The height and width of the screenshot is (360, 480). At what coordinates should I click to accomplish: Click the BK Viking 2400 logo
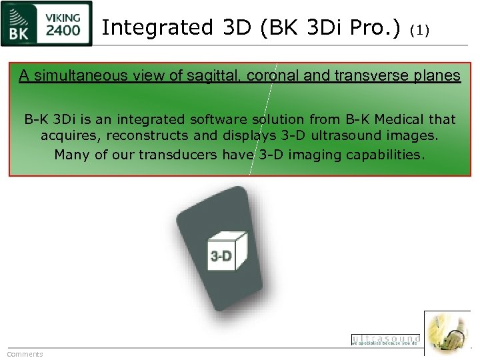click(x=47, y=24)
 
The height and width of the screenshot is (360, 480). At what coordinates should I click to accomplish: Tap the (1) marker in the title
click(x=420, y=29)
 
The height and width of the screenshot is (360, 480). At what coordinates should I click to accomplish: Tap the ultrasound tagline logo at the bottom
click(x=385, y=340)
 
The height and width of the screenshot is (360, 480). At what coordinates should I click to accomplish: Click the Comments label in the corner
click(x=25, y=354)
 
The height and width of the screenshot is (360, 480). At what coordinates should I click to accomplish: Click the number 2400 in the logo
click(x=64, y=30)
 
